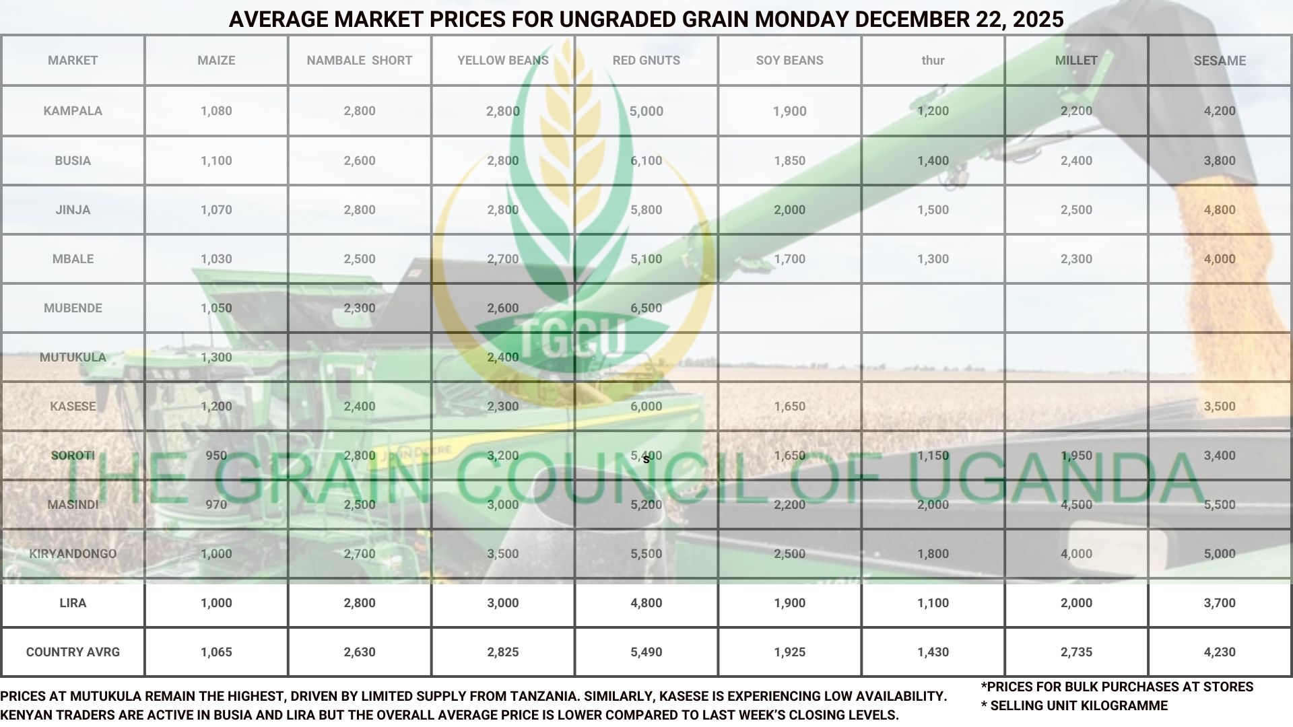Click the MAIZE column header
pos(216,61)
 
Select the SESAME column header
pos(1220,61)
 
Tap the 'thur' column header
pos(933,61)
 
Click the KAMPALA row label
pos(73,111)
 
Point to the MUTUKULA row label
pos(73,357)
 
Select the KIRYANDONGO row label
pos(73,554)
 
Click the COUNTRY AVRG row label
pos(73,652)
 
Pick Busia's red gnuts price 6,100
pos(646,161)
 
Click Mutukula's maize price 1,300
pos(216,357)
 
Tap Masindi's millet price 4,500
pos(1076,505)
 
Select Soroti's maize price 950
pos(216,456)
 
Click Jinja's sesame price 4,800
pos(1220,210)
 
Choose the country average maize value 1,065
pos(216,652)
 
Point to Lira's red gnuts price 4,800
pos(646,603)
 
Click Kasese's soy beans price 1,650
pos(789,407)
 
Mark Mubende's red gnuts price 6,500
pos(646,308)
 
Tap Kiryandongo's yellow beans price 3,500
pos(502,554)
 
